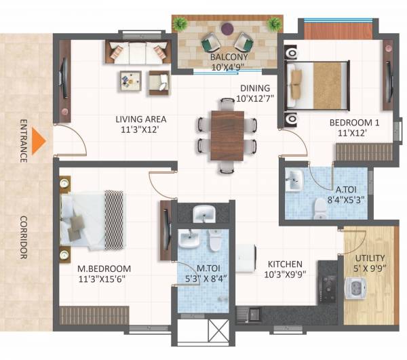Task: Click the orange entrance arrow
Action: [39, 140]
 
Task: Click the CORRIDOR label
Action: [22, 238]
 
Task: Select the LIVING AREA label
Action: [141, 119]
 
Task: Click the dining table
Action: [226, 134]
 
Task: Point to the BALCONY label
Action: [229, 58]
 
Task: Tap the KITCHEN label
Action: [284, 264]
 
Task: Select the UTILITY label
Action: [370, 258]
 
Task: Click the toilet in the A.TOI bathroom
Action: [319, 206]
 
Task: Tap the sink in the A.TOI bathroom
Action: [294, 180]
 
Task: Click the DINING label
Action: [254, 88]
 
